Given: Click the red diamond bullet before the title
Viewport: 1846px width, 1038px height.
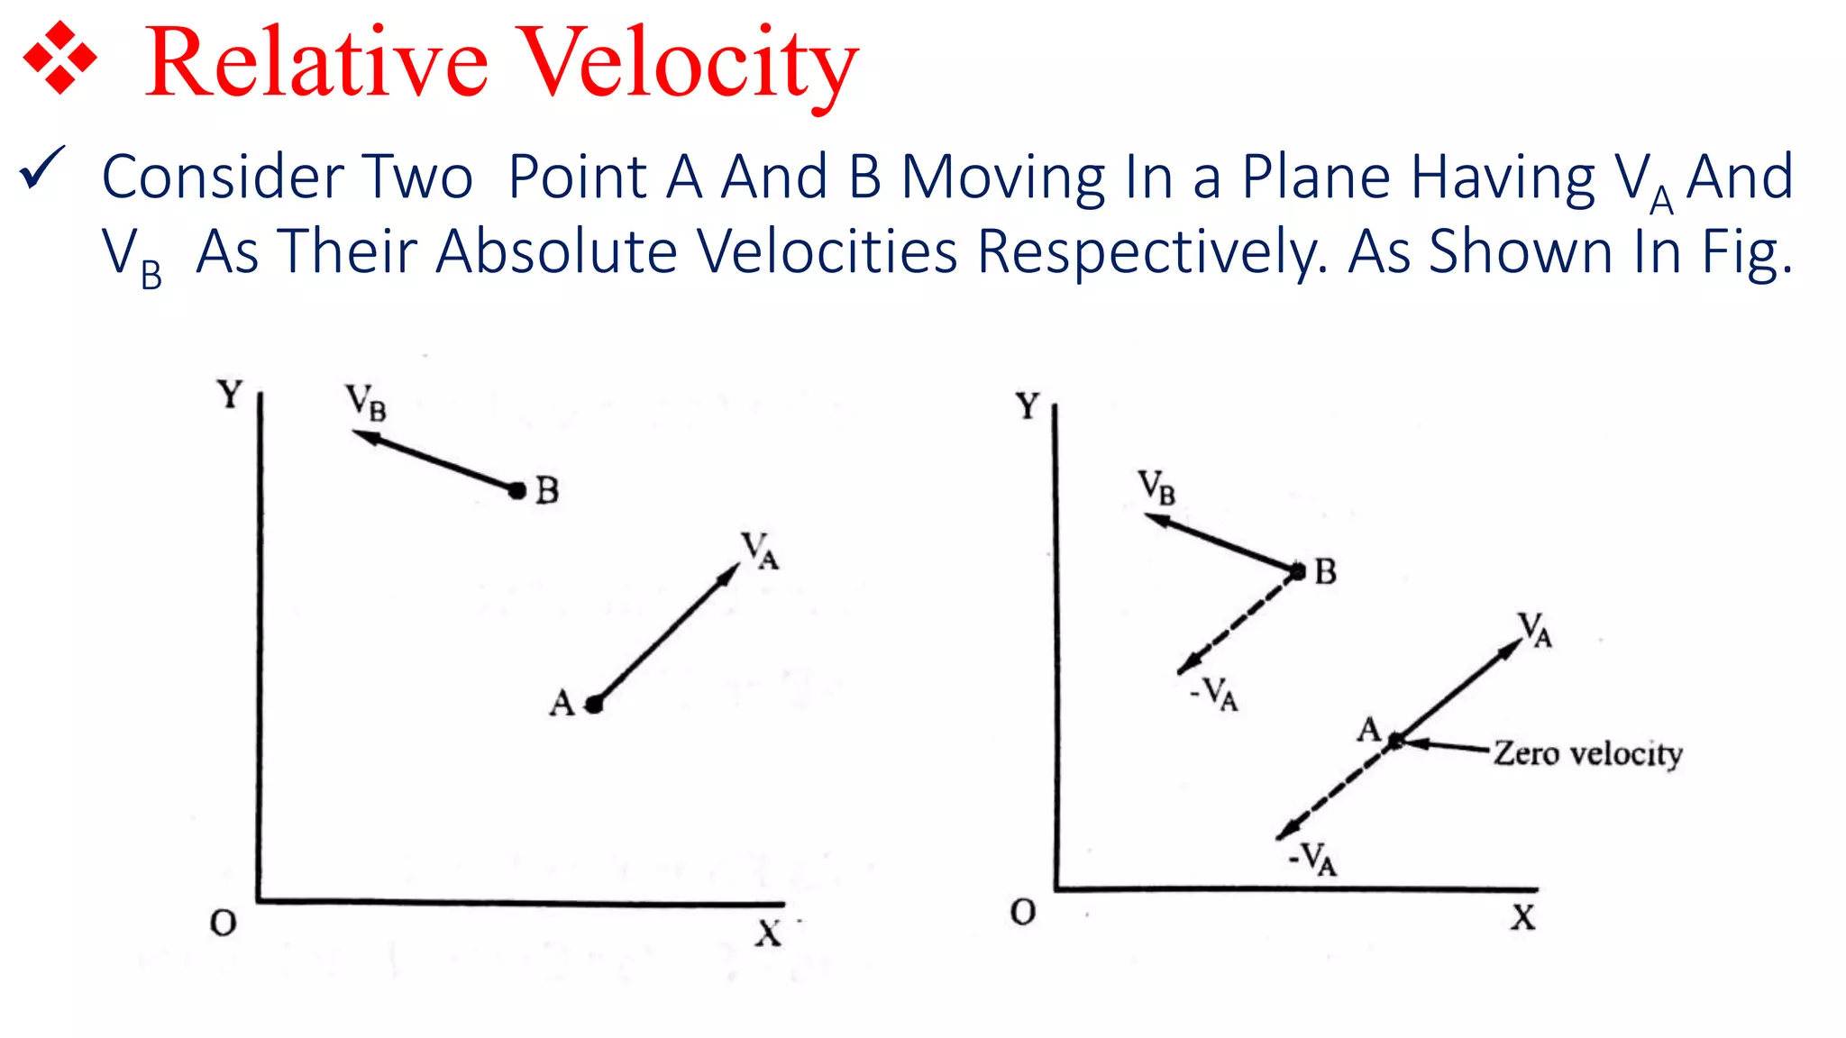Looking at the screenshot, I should coord(59,58).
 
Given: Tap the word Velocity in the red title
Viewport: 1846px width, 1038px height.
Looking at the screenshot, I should coord(690,65).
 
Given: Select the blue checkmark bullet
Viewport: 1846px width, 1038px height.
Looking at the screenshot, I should coord(41,168).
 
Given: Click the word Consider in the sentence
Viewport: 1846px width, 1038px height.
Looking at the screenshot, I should coord(222,177).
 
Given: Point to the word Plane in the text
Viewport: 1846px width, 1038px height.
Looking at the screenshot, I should coord(1316,177).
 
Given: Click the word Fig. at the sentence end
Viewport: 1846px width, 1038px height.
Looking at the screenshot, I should coord(1748,253).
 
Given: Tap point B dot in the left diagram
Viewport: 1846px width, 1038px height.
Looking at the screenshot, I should coord(516,491).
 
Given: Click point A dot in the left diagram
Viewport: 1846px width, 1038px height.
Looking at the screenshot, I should coord(594,705).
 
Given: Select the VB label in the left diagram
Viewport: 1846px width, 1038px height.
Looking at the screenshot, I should coord(366,402).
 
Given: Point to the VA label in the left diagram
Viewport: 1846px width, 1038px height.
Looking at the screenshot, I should coord(759,550).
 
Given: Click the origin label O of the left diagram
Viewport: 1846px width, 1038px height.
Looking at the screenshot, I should coord(223,924).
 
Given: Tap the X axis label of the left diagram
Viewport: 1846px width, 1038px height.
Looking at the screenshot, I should coord(768,933).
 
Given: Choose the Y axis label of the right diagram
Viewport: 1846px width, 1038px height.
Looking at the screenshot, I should coord(1028,406).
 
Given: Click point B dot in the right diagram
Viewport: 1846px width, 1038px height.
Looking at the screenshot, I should coord(1297,571).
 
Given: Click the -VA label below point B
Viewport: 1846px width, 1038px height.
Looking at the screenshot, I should coord(1215,694).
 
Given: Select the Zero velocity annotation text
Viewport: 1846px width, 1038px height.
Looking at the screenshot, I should coord(1587,753).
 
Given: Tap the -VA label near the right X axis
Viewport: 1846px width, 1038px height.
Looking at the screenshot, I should coord(1312,859).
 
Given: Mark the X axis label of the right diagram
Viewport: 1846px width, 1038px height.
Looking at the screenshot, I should coord(1523,918).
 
